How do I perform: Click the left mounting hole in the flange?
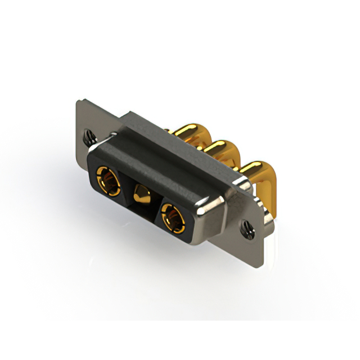pyautogui.click(x=88, y=136)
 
